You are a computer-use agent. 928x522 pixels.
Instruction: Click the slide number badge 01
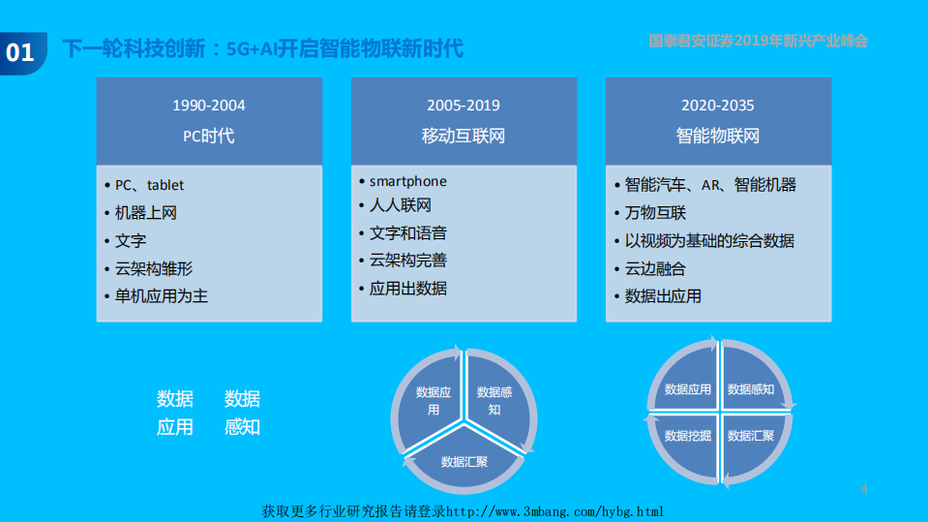click(x=20, y=51)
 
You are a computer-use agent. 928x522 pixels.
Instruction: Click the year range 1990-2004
click(x=209, y=105)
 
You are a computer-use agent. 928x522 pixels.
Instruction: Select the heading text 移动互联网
click(x=464, y=136)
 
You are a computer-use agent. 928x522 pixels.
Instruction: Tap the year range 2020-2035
click(x=717, y=105)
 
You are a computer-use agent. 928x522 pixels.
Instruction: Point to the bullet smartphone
click(x=407, y=181)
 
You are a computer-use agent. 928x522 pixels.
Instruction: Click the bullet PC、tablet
click(x=149, y=184)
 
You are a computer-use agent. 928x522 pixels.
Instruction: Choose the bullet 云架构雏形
click(x=154, y=268)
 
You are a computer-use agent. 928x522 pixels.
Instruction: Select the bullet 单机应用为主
click(x=162, y=296)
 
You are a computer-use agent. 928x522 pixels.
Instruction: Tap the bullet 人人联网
click(x=401, y=205)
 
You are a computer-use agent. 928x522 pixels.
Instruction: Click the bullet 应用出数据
click(x=408, y=288)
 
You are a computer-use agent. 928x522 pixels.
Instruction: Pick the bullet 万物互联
click(x=655, y=213)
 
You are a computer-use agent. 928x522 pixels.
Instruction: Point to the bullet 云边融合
click(x=655, y=268)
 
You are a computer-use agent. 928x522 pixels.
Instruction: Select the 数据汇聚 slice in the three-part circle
click(x=464, y=461)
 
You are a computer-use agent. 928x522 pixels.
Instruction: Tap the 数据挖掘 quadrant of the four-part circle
click(x=687, y=436)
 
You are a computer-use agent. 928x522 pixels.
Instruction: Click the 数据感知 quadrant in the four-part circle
click(x=751, y=389)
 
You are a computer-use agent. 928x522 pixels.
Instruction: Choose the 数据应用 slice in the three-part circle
click(x=433, y=400)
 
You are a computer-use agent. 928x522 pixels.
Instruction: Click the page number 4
click(x=864, y=489)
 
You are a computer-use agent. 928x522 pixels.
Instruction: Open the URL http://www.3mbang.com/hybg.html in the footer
click(x=554, y=511)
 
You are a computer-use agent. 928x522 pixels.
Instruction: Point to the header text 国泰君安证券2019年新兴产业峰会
click(x=758, y=41)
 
